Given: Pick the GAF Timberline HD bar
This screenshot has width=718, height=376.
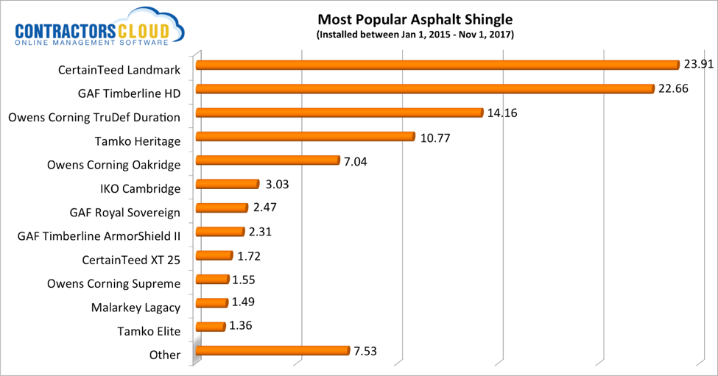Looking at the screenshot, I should coord(424,89).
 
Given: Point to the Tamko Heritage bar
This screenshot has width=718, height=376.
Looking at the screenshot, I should coord(305,137).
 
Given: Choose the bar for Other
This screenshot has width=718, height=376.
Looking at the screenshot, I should coord(272,351).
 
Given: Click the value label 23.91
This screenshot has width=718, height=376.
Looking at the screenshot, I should coord(698,64).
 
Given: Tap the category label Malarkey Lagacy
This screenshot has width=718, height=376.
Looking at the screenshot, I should coord(135,307).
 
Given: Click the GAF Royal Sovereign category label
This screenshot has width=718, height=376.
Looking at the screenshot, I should coord(124,213).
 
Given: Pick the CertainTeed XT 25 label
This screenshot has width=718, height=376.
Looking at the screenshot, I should coord(131,260).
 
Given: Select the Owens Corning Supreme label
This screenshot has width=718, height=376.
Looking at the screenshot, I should coord(113,283).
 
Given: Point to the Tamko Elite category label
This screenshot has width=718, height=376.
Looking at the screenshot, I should coord(149,331).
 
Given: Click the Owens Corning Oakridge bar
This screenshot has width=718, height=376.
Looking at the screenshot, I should coord(267,160).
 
